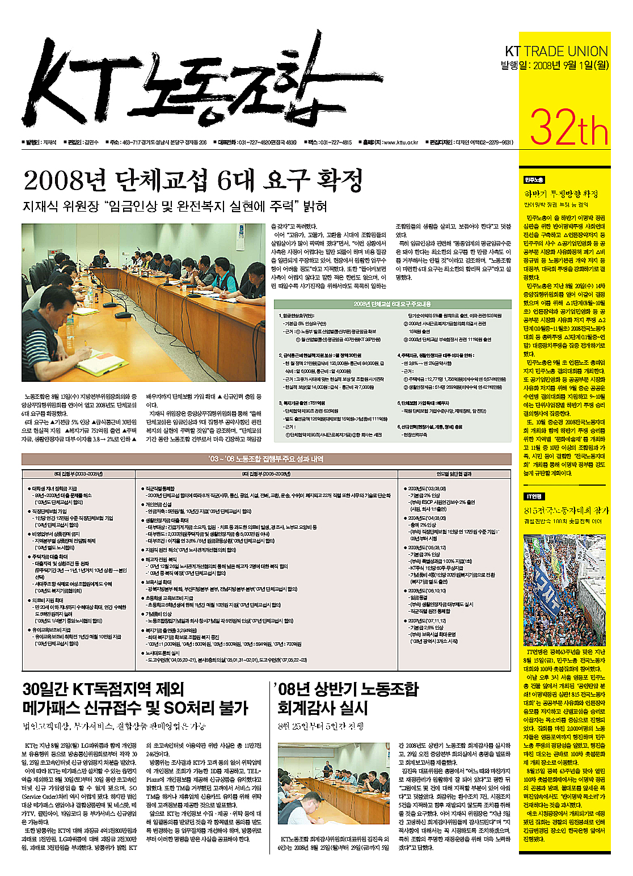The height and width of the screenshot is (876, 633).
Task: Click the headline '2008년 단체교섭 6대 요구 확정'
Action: point(193,181)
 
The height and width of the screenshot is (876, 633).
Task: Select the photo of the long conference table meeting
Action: point(143,302)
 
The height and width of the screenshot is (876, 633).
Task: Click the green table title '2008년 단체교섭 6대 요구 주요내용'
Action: point(392,304)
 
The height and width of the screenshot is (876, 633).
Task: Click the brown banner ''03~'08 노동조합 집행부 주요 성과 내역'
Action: point(266,459)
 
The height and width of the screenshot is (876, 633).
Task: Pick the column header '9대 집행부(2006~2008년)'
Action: point(266,474)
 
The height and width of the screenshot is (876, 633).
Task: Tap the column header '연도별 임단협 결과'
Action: point(454,474)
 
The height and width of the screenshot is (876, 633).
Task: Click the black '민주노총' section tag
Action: point(534,180)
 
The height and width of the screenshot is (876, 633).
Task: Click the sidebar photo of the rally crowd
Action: point(564,590)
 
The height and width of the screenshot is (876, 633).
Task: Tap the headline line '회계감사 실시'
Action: point(323,708)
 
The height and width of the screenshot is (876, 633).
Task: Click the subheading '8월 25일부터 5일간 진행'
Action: point(321,726)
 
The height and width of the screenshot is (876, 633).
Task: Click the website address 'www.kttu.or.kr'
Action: point(400,142)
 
